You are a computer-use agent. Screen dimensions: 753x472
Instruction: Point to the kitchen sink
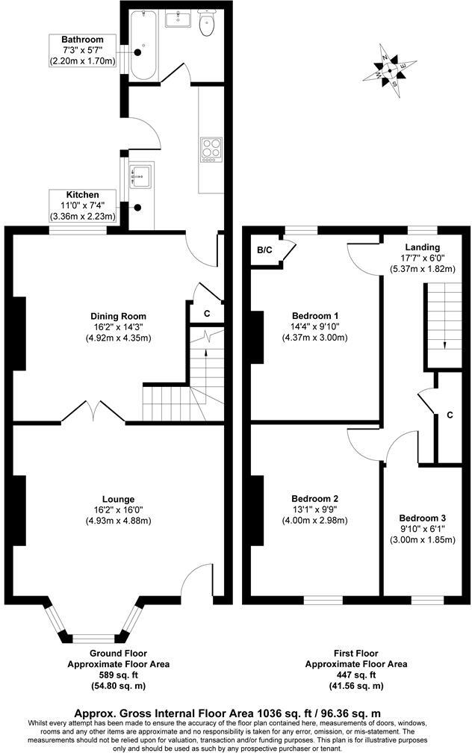tap(140, 176)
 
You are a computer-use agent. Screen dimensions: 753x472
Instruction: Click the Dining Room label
tap(119, 316)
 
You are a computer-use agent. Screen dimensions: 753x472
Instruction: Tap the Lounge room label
tap(119, 499)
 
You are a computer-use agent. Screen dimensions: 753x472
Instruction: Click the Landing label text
tap(422, 247)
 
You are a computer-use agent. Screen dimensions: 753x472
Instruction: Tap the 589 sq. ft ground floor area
tap(118, 675)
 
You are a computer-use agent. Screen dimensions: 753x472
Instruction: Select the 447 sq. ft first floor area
tap(355, 675)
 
